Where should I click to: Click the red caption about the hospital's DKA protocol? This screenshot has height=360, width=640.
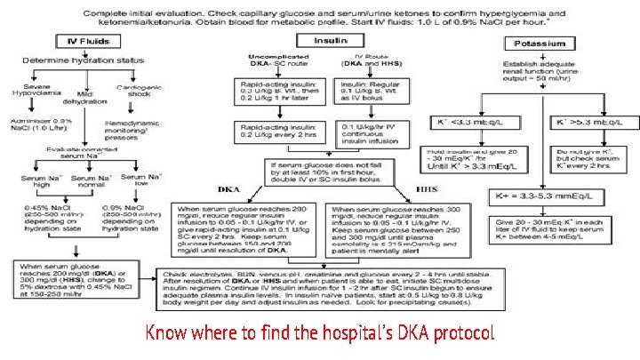point(320,333)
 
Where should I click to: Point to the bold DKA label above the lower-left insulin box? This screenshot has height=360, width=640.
point(229,189)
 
